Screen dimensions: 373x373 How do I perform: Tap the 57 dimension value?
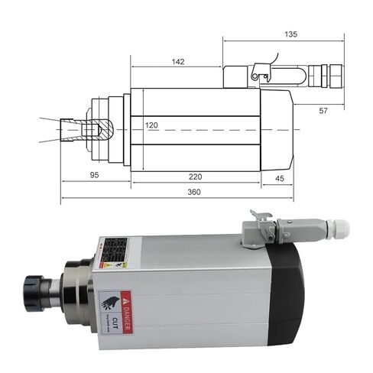[x=323, y=111]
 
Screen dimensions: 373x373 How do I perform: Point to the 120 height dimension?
[x=151, y=125]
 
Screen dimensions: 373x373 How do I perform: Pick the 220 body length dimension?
[x=195, y=176]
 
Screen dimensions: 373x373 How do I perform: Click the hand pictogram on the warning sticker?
[x=109, y=300]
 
